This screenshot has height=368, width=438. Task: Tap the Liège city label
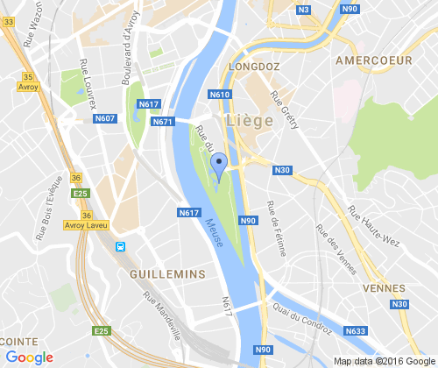click(249, 120)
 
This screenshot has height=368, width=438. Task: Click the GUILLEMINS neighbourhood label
click(166, 273)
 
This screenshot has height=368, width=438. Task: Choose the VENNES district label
click(389, 288)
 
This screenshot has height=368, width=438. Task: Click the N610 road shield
click(219, 94)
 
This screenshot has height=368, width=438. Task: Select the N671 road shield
click(162, 122)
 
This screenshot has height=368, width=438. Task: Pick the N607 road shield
click(105, 118)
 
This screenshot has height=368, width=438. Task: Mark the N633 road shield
click(356, 331)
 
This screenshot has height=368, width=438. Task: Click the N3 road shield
click(304, 10)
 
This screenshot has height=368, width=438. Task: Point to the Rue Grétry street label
click(286, 110)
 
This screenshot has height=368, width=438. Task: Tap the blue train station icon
click(120, 247)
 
